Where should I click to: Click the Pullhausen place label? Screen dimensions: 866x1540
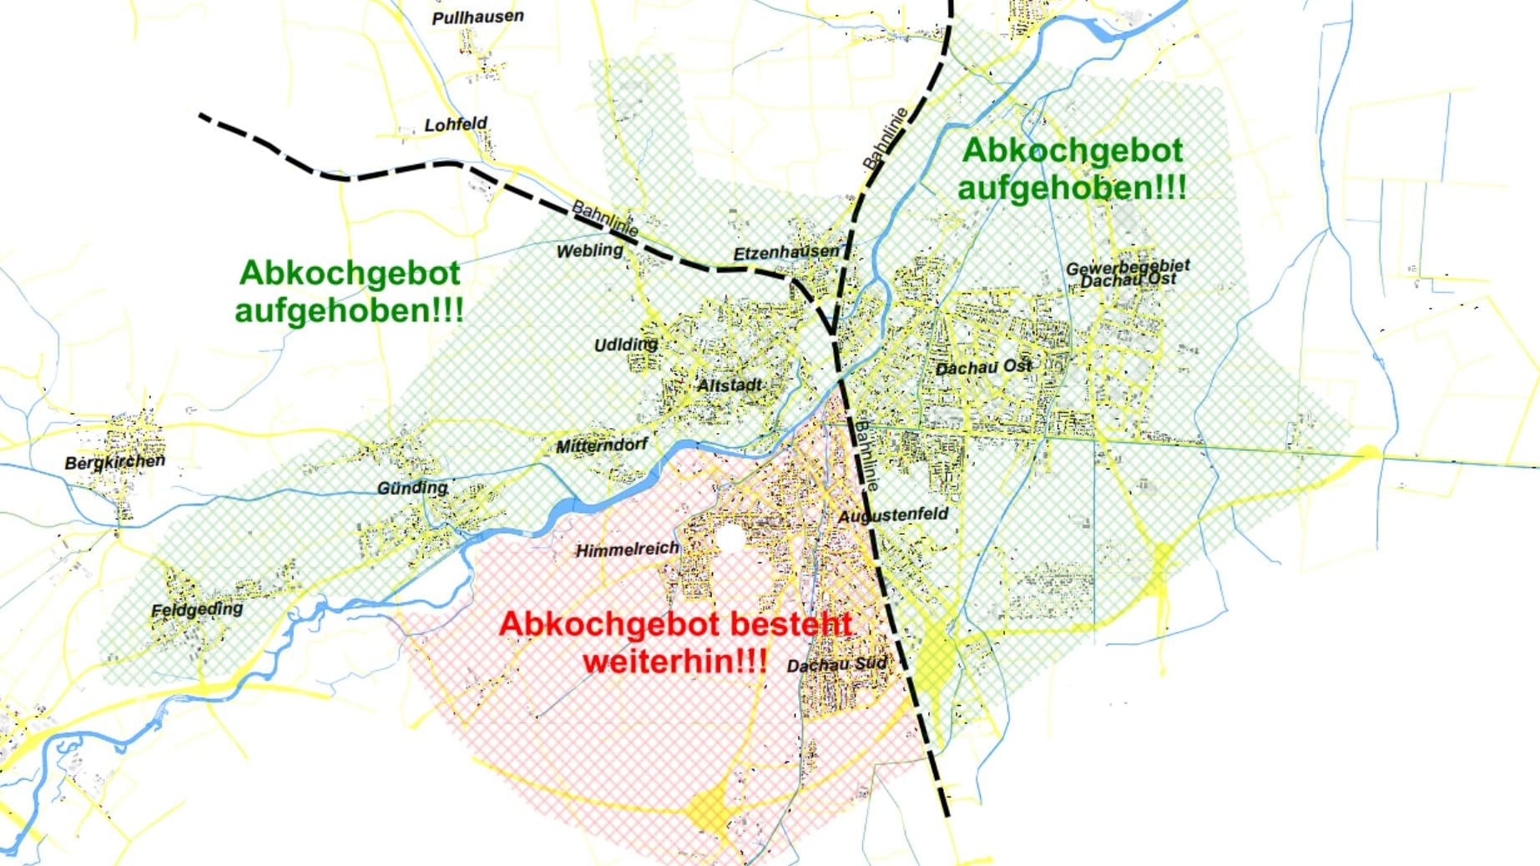(477, 17)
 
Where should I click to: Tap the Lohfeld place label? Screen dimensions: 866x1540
(456, 124)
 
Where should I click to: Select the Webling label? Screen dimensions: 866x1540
(589, 250)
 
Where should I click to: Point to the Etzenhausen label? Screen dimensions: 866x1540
(785, 252)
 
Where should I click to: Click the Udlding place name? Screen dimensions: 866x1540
(625, 345)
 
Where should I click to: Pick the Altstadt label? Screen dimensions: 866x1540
(730, 385)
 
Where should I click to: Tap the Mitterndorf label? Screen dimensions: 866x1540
(601, 446)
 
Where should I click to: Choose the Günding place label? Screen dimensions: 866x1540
(412, 487)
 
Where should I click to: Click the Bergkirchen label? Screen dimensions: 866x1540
(114, 461)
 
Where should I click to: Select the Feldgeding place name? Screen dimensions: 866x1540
(196, 610)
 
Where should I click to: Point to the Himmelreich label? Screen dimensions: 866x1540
(627, 550)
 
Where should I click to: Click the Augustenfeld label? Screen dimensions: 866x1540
(893, 516)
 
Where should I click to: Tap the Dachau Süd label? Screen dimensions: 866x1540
(836, 665)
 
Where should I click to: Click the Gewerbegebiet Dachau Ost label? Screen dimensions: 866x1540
(1128, 273)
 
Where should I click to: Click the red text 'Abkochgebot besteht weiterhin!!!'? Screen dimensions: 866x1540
(675, 642)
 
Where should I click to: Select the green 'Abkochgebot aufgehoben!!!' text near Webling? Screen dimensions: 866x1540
(349, 291)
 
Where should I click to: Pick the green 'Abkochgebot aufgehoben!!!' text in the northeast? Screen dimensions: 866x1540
(1072, 169)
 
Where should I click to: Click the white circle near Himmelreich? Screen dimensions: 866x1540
(730, 538)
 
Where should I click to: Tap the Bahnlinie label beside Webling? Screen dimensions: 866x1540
(605, 219)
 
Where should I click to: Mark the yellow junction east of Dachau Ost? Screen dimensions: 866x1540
(1367, 453)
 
